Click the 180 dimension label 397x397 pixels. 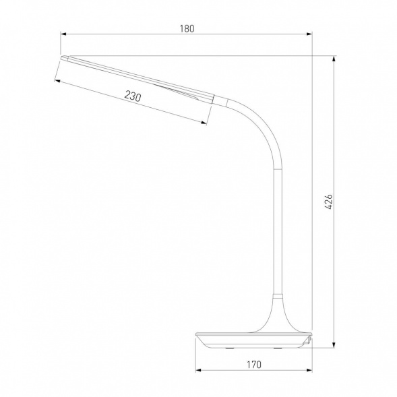[187, 28]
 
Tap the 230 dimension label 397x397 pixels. [132, 96]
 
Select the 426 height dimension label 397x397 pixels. [328, 202]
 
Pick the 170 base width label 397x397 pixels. [254, 365]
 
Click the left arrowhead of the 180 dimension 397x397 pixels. [63, 34]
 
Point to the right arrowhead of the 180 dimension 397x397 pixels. [309, 34]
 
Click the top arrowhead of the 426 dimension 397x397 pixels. [334, 59]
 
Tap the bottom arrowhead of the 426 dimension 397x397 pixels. [334, 344]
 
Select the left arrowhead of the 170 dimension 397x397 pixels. [198, 370]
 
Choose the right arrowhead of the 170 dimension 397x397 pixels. [309, 370]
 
